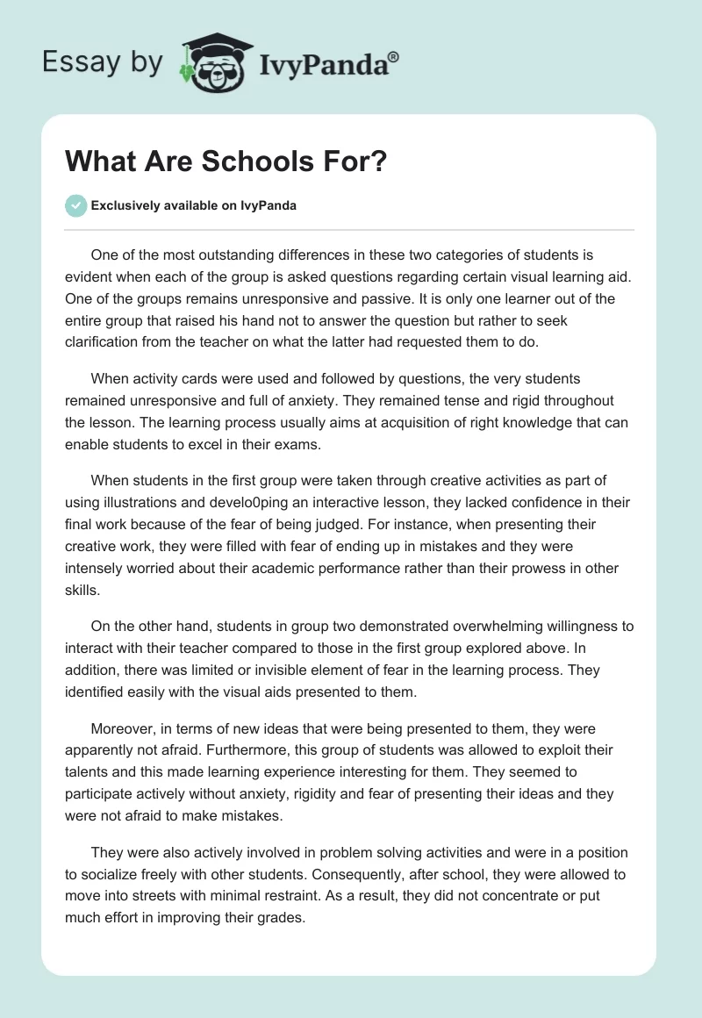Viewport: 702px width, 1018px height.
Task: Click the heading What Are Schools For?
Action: tap(226, 163)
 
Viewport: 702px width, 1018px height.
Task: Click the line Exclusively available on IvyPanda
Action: tap(194, 206)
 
